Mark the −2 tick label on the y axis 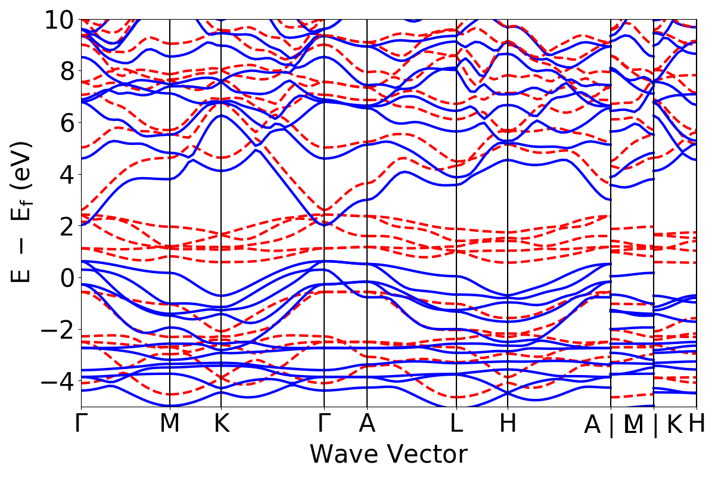tap(57, 329)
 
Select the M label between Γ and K tap(170, 424)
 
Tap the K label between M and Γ tap(221, 424)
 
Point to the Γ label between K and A tap(324, 424)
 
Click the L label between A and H tap(456, 424)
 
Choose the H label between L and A tap(507, 424)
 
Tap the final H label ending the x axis tap(697, 424)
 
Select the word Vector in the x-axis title tap(425, 454)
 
